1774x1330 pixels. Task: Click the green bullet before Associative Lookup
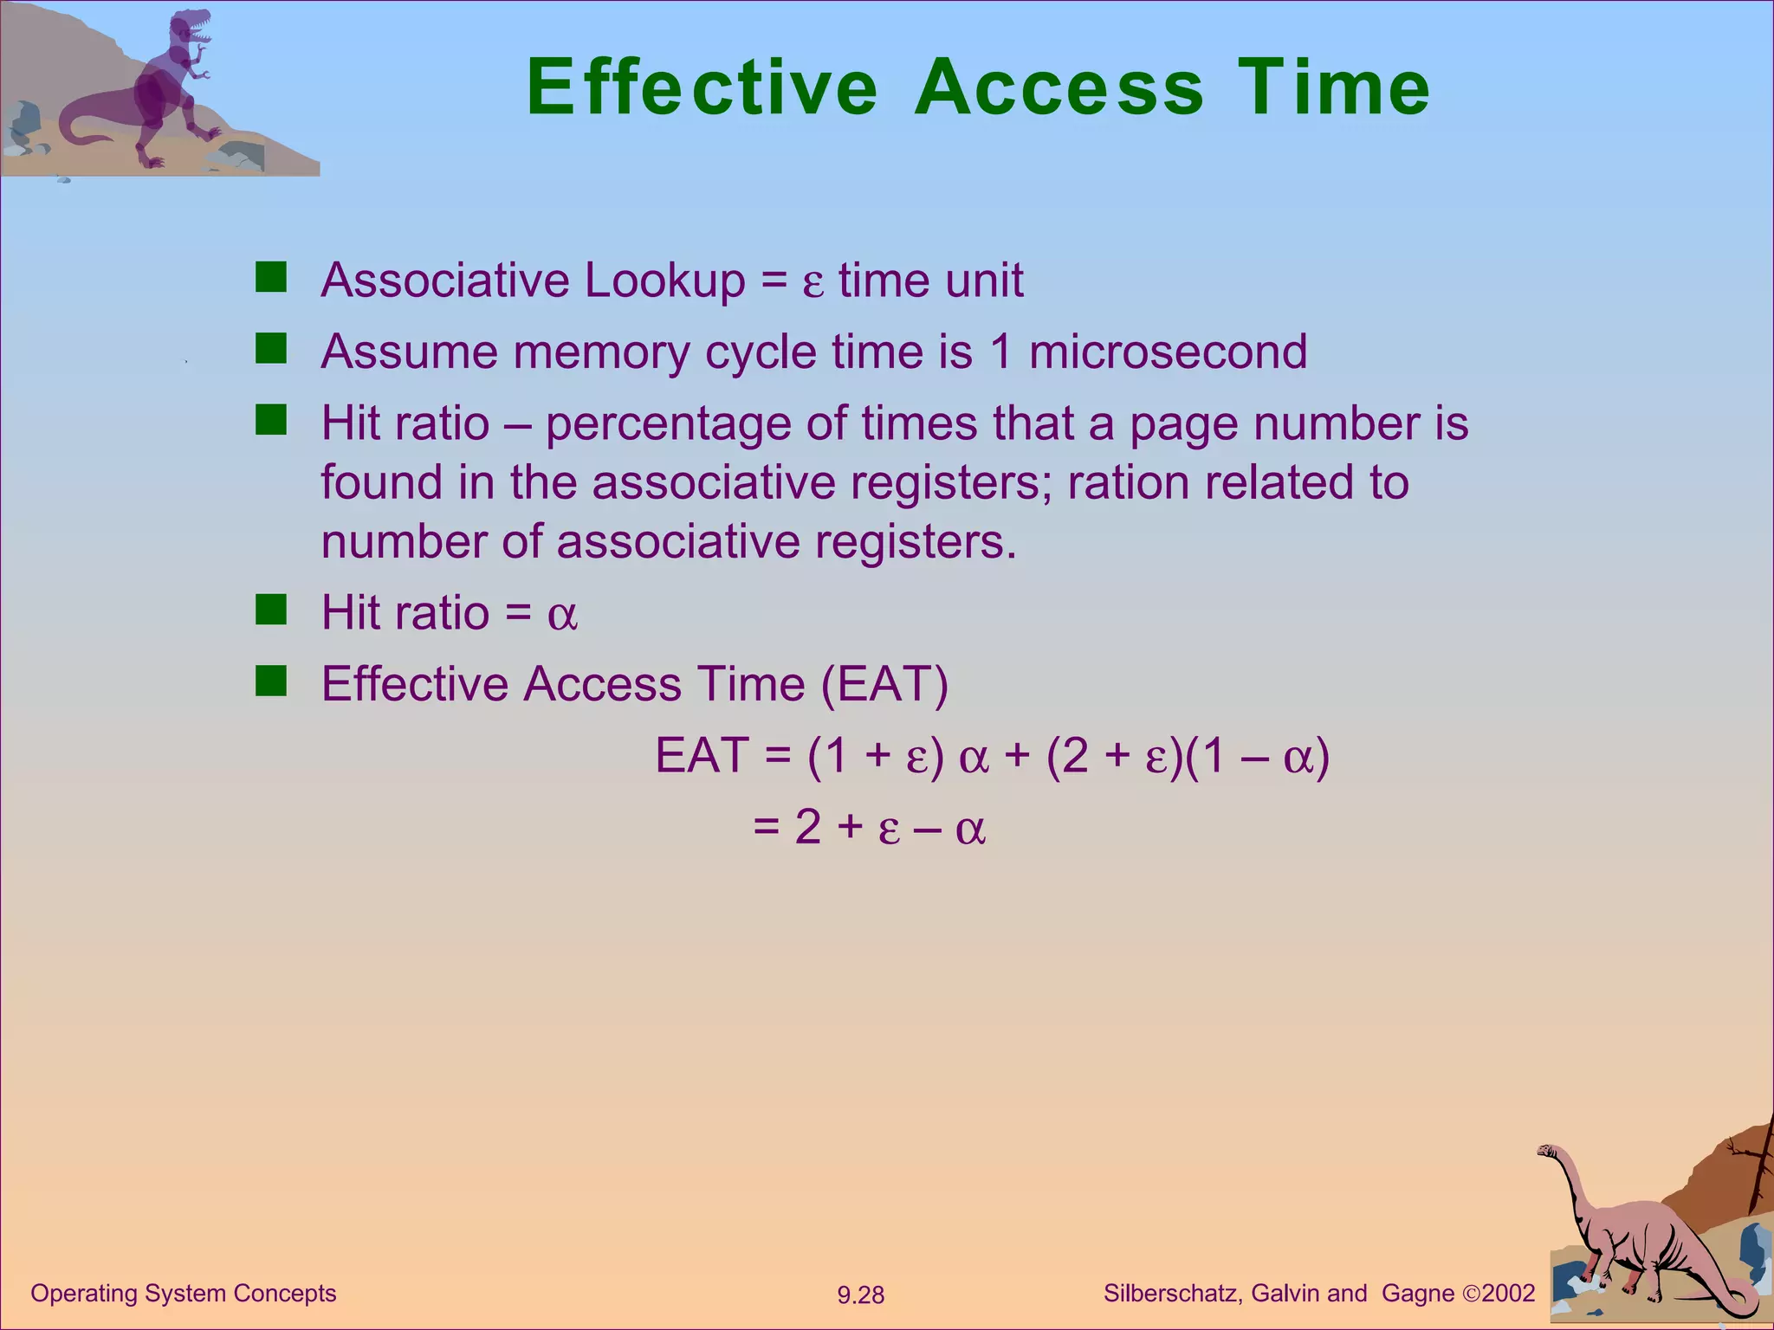271,279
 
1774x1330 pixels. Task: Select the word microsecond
1168,352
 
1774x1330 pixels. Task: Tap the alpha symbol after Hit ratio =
562,614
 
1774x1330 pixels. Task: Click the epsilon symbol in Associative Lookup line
813,282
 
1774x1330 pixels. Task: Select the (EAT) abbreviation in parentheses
884,684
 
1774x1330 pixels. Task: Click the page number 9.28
860,1295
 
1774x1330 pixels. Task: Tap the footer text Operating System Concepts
184,1293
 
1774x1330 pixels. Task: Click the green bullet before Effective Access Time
271,682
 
